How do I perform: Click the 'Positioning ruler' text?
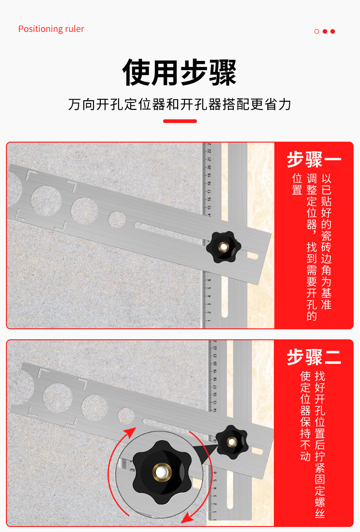(51, 29)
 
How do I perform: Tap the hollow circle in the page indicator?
(317, 31)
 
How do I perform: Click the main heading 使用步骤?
(180, 72)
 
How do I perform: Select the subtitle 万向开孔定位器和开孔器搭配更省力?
(180, 104)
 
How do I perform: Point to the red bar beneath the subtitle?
(180, 121)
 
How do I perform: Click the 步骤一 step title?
(314, 159)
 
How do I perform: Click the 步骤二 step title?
(314, 357)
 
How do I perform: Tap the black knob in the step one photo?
(223, 247)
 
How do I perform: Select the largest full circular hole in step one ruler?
(46, 200)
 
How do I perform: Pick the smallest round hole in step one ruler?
(117, 219)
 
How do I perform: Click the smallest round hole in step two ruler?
(126, 416)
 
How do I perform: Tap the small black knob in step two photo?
(232, 442)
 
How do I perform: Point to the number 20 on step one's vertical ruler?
(209, 167)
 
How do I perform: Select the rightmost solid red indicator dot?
(333, 31)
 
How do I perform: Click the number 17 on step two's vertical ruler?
(215, 386)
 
